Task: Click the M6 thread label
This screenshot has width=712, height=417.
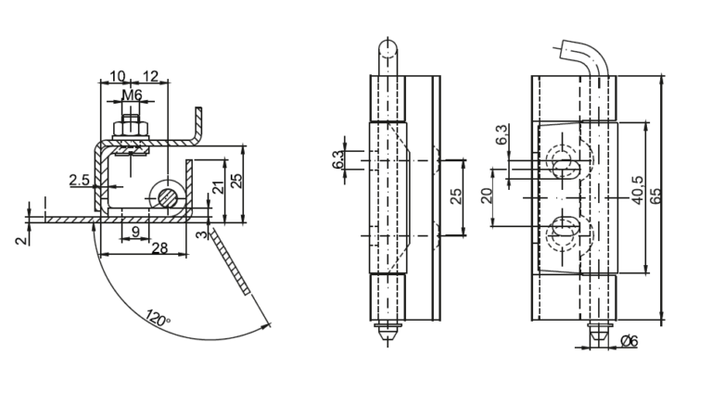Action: tap(132, 95)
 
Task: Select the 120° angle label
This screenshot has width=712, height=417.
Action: tap(158, 318)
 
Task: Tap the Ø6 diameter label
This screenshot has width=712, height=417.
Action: tap(629, 341)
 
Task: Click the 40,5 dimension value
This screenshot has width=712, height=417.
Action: tap(637, 190)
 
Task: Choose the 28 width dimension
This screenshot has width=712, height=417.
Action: tap(159, 247)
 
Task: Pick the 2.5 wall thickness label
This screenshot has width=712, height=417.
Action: tap(80, 180)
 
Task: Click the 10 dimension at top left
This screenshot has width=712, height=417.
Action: tap(117, 76)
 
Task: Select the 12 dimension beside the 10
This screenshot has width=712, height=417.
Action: tap(151, 76)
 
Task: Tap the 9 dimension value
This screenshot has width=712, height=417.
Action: tap(135, 232)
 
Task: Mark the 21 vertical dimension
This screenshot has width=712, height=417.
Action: tap(219, 187)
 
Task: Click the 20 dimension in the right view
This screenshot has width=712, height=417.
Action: tap(487, 196)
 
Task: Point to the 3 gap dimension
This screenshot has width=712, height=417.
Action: tap(201, 234)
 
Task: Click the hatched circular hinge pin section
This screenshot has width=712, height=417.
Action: tap(168, 197)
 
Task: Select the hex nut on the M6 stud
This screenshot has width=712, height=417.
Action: tap(131, 128)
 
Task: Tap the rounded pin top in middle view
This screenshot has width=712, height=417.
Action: tap(388, 48)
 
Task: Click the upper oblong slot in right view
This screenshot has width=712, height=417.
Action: tap(566, 169)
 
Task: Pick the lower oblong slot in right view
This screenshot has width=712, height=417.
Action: tap(564, 225)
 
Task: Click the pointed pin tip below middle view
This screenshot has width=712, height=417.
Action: tap(388, 335)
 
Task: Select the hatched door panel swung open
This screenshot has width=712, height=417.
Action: tap(230, 262)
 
